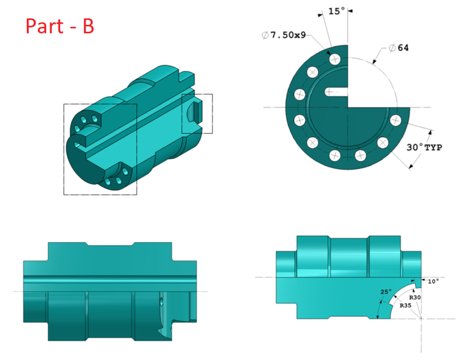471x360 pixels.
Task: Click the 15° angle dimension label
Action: (x=337, y=11)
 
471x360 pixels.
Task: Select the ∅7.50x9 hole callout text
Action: (x=284, y=35)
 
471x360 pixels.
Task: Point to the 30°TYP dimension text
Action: (x=424, y=147)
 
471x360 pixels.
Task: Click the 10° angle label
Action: (x=433, y=281)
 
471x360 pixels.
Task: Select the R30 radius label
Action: (x=415, y=297)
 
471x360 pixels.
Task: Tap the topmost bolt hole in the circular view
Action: (x=335, y=58)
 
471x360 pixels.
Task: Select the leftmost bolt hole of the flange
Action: (x=299, y=120)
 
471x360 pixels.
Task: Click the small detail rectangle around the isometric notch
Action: (x=197, y=114)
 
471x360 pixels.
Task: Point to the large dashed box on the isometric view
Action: (x=100, y=149)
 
